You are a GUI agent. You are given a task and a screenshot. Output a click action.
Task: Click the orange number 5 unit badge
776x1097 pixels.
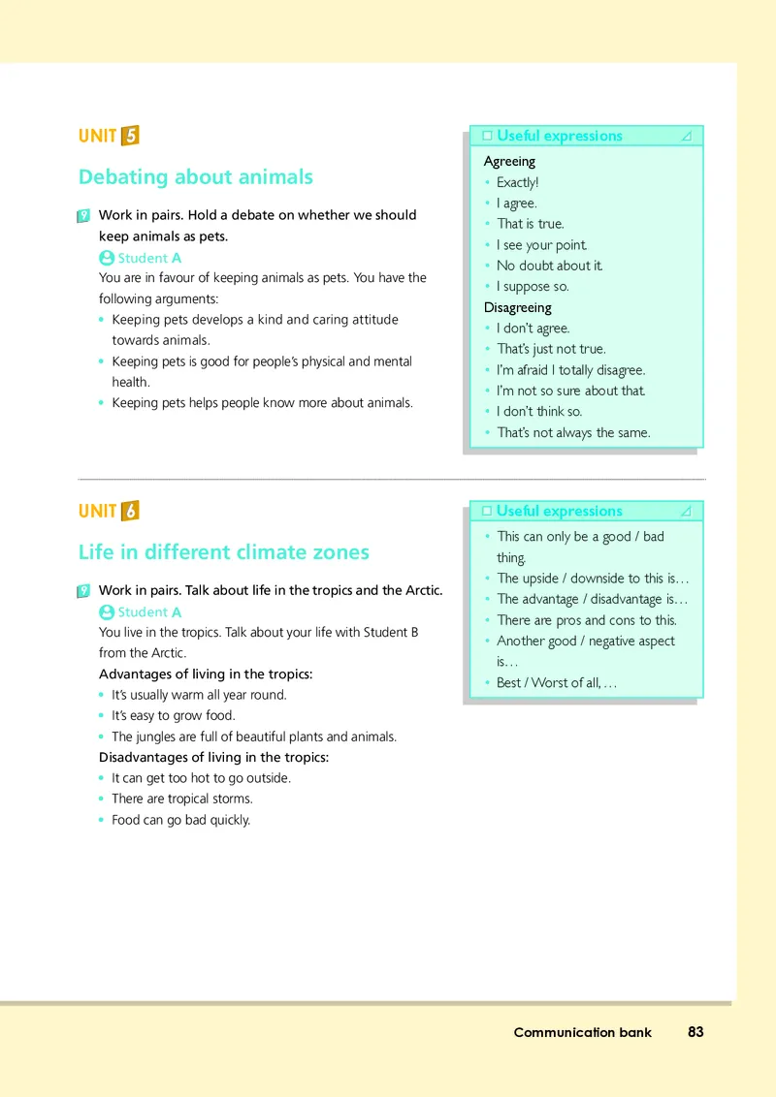click(130, 136)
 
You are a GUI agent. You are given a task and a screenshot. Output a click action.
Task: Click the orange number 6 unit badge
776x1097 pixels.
click(130, 511)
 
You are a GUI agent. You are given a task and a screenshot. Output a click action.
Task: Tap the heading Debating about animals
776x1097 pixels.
click(195, 176)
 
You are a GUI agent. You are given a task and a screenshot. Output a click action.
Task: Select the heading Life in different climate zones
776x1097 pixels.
click(223, 552)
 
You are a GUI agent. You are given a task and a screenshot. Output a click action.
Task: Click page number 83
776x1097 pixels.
click(695, 1032)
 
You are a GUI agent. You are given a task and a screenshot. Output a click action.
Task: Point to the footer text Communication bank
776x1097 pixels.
click(582, 1032)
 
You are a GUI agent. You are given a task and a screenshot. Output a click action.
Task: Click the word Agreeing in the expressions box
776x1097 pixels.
click(509, 161)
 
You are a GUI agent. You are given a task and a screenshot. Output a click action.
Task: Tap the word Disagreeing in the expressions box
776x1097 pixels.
click(517, 307)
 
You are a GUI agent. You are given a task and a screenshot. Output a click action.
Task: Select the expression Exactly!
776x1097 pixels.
click(517, 182)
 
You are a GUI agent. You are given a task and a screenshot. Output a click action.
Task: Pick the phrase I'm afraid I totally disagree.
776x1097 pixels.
click(570, 370)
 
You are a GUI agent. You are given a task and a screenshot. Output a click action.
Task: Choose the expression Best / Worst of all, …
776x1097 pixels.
click(556, 683)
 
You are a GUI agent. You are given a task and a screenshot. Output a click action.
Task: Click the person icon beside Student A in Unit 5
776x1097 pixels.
click(107, 258)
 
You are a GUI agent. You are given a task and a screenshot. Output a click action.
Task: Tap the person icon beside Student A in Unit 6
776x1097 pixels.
click(107, 611)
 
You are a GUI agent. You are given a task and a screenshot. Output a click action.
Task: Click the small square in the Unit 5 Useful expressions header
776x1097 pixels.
click(487, 136)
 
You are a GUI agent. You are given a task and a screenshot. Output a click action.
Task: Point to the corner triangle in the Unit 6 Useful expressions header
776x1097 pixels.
click(687, 511)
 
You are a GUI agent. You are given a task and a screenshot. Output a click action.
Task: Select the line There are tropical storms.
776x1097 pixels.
click(181, 799)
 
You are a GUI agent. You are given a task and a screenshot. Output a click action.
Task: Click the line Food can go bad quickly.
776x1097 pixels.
click(180, 820)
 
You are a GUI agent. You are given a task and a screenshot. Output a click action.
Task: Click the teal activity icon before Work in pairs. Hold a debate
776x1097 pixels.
click(83, 216)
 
